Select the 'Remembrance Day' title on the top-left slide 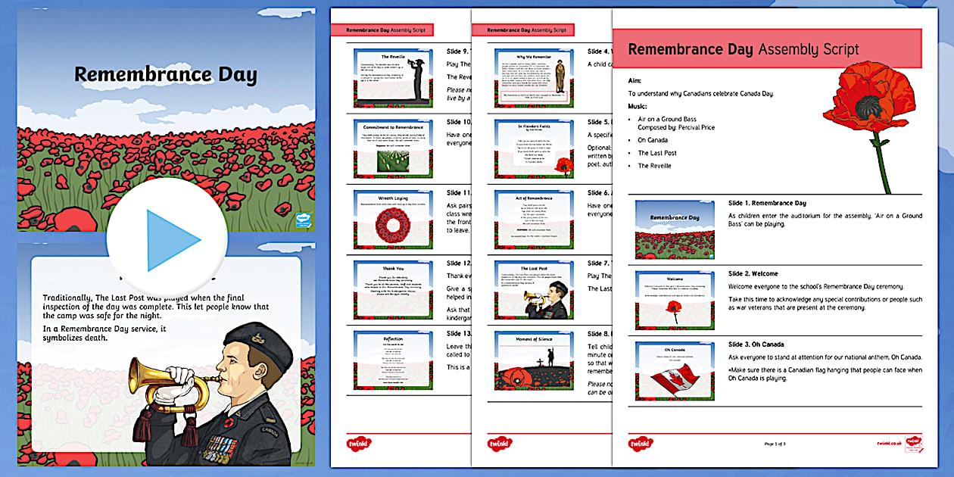coord(165,75)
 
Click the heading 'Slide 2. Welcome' coord(753,273)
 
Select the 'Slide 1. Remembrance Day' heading coord(767,203)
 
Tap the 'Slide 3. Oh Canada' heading coord(757,344)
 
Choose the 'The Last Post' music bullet coord(656,153)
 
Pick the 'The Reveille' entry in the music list coord(654,166)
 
